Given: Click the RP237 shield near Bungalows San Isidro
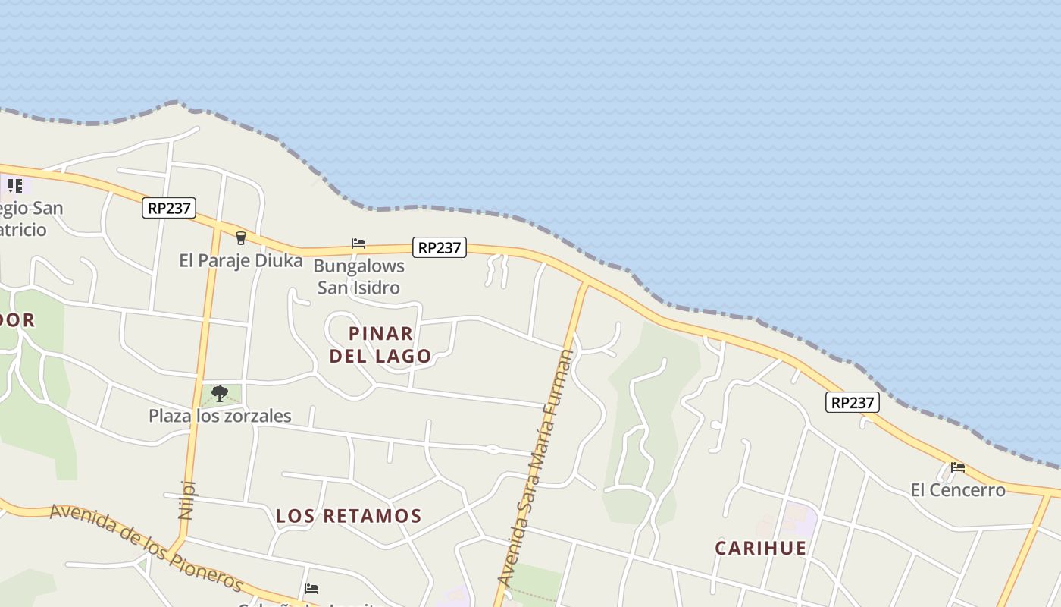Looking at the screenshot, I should [440, 247].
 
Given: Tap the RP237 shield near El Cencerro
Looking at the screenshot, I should [853, 402].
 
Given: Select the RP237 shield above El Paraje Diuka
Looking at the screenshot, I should [169, 208].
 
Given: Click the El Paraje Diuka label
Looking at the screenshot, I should [240, 261].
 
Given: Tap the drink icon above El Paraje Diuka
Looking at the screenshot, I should [241, 238].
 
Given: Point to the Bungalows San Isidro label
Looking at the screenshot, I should [358, 277].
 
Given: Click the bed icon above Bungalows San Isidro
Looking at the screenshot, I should [358, 244].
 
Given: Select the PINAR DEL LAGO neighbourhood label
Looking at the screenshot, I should [380, 344].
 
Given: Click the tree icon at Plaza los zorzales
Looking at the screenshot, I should [220, 394].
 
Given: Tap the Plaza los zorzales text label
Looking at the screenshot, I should [220, 416].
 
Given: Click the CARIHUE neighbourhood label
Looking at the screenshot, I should [761, 548].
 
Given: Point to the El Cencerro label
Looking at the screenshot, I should [958, 490].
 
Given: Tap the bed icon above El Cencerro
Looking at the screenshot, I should [958, 467].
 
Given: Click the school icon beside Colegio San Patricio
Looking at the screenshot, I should [14, 185].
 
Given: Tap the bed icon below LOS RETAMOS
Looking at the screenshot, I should [311, 588].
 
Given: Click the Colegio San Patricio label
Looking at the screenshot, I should [30, 219].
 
